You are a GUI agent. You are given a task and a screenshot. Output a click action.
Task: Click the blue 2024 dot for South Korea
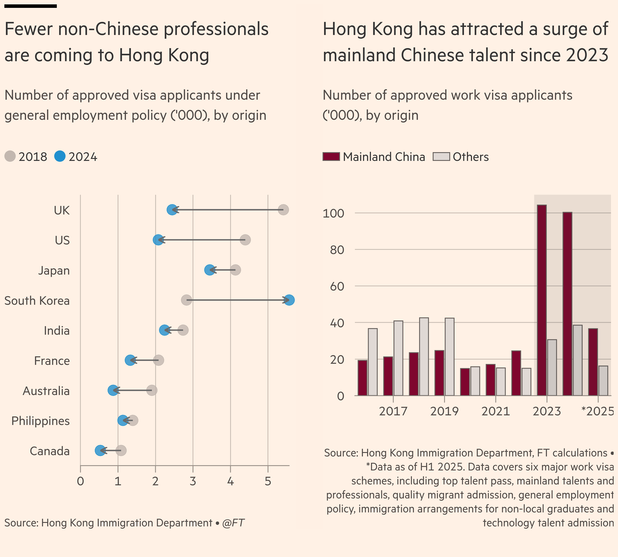pyautogui.click(x=289, y=300)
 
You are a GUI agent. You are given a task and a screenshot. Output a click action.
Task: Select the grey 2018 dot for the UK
pyautogui.click(x=283, y=210)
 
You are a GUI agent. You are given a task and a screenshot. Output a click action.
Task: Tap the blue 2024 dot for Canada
pyautogui.click(x=100, y=451)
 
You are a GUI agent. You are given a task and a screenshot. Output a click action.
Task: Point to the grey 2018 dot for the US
pyautogui.click(x=245, y=240)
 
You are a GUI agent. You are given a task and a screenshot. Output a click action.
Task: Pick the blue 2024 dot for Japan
pyautogui.click(x=210, y=270)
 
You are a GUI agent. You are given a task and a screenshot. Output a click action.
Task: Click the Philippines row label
pyautogui.click(x=40, y=421)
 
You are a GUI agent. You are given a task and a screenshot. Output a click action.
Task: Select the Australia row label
pyautogui.click(x=46, y=391)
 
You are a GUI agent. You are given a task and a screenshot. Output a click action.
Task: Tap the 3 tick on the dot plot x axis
pyautogui.click(x=193, y=481)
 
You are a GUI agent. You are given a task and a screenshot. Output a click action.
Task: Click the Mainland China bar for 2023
pyautogui.click(x=542, y=300)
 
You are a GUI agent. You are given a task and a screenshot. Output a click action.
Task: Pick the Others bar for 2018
pyautogui.click(x=424, y=357)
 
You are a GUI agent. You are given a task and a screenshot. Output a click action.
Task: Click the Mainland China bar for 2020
pyautogui.click(x=465, y=382)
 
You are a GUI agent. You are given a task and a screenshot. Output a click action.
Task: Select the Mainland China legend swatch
pyautogui.click(x=331, y=157)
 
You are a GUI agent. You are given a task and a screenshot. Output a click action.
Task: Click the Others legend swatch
pyautogui.click(x=441, y=157)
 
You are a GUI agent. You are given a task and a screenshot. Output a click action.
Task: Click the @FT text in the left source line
pyautogui.click(x=233, y=523)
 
